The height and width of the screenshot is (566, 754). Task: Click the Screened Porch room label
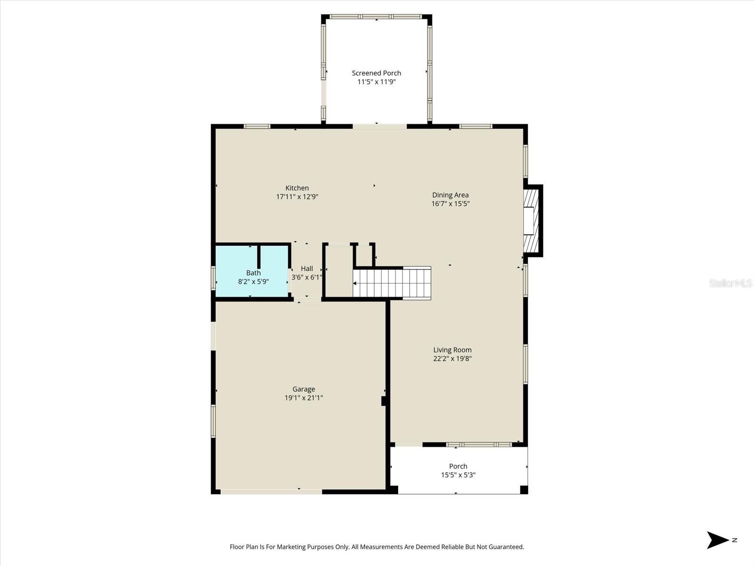[x=376, y=73]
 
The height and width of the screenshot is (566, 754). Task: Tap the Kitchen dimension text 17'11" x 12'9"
[x=297, y=197]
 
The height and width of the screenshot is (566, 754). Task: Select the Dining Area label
[x=451, y=195]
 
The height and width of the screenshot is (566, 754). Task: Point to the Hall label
[x=307, y=268]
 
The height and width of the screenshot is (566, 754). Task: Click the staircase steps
[x=392, y=283]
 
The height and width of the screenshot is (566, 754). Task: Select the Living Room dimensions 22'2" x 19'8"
[x=452, y=358]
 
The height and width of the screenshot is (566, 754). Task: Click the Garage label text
[x=303, y=389]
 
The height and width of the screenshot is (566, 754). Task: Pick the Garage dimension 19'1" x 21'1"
[x=303, y=398]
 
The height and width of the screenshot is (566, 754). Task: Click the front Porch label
[x=458, y=466]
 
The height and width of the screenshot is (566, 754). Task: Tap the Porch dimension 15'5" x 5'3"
[x=458, y=475]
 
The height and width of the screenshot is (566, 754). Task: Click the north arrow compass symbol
[x=717, y=540]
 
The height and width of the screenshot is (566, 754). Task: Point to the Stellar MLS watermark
[x=730, y=283]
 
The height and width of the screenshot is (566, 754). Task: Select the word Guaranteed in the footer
[x=505, y=547]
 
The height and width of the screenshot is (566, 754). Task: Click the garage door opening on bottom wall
[x=271, y=492]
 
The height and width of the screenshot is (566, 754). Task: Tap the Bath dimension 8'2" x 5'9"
[x=253, y=282]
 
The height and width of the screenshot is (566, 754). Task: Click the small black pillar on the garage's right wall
[x=384, y=401]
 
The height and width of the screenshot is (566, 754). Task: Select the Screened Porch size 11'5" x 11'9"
[x=376, y=82]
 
